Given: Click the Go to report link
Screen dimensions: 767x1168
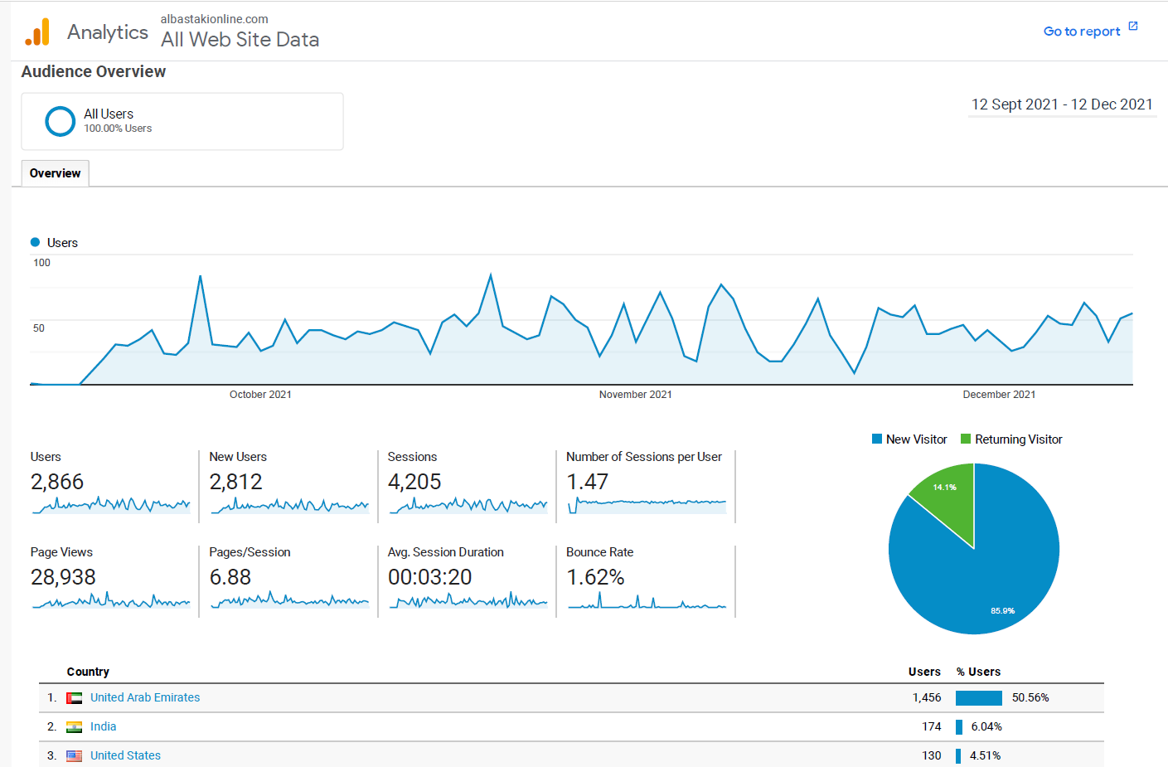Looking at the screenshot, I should (x=1082, y=32).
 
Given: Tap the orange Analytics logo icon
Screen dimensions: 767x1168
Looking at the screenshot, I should (x=37, y=32).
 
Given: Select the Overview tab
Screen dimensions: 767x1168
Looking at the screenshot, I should (x=55, y=173).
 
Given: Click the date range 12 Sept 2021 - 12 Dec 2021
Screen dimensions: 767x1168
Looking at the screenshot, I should (x=1062, y=104).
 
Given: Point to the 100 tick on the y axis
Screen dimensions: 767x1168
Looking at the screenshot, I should (x=41, y=263).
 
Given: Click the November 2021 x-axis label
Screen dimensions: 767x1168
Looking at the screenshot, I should (x=635, y=395).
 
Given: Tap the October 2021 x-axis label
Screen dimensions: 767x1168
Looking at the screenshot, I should (x=260, y=395).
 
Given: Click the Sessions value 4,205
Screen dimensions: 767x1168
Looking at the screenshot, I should (x=414, y=482).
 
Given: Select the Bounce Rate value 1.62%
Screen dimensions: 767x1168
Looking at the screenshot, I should (x=595, y=577).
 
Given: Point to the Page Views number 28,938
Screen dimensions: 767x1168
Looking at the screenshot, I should (x=63, y=577).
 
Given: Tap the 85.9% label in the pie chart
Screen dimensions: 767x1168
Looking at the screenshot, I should (x=1002, y=611).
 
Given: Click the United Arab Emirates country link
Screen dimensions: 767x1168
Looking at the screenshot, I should (x=145, y=697).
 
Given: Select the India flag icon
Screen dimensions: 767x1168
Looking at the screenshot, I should (x=75, y=727).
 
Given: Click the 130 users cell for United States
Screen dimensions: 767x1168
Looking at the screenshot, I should (x=931, y=755).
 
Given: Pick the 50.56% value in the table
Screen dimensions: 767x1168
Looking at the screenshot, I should (x=1030, y=697).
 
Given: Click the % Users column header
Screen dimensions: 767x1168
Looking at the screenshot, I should (x=978, y=672).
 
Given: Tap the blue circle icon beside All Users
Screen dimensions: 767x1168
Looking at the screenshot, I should (x=61, y=121).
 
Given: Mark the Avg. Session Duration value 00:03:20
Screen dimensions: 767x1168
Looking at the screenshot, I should (x=429, y=577).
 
